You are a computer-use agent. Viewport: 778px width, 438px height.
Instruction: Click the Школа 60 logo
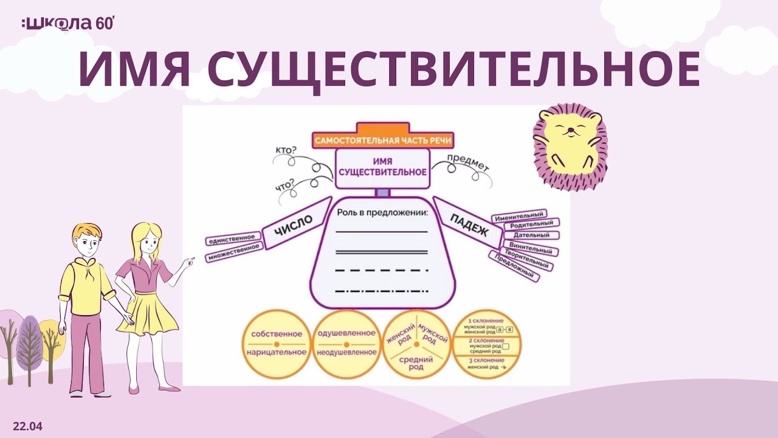pyautogui.click(x=67, y=24)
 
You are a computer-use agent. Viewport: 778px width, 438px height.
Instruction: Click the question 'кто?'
pyautogui.click(x=286, y=151)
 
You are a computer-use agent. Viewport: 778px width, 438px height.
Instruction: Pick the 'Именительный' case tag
pyautogui.click(x=519, y=217)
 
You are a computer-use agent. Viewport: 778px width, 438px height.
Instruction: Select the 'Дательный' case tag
pyautogui.click(x=531, y=235)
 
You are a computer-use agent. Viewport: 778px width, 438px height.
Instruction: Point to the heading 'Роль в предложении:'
pyautogui.click(x=382, y=214)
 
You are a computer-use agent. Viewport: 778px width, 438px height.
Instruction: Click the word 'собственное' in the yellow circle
pyautogui.click(x=276, y=334)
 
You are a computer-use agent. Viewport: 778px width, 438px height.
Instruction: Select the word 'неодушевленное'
pyautogui.click(x=346, y=352)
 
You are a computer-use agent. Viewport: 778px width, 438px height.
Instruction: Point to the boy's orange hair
pyautogui.click(x=84, y=232)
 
